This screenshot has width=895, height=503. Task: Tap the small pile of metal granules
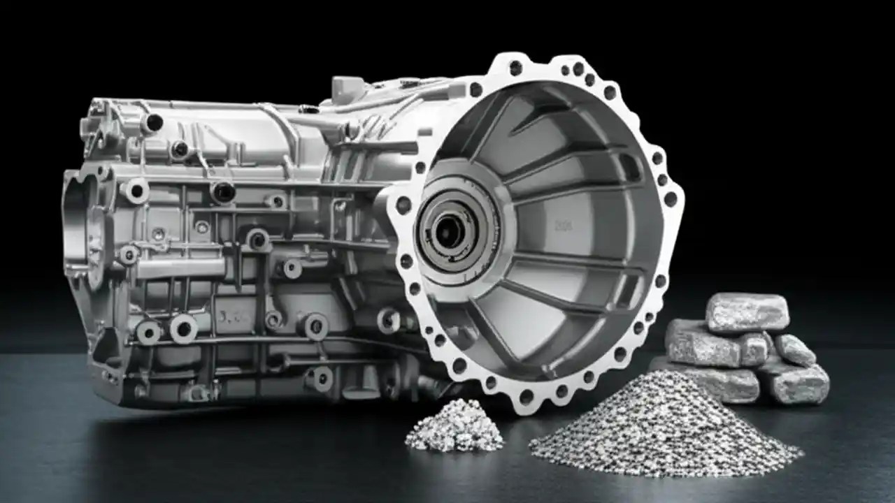(x=454, y=425)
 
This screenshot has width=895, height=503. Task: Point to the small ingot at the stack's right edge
(x=794, y=349)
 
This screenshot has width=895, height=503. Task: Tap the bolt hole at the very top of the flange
(x=516, y=68)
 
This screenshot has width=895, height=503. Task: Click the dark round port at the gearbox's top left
(x=153, y=123)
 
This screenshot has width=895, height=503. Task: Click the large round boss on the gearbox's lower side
(x=183, y=328)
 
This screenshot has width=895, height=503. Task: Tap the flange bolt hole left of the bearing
(x=403, y=205)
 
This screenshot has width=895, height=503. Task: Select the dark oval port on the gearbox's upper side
(x=222, y=191)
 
